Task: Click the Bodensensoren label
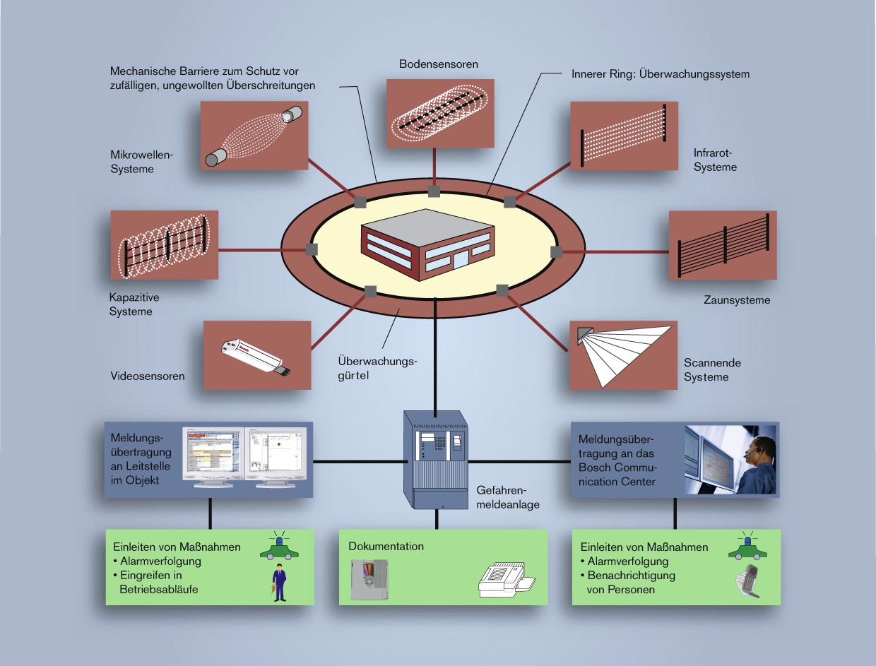(438, 64)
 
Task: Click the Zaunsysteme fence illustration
(722, 244)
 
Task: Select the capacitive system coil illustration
(165, 244)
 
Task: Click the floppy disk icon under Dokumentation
(369, 580)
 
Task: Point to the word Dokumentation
(386, 547)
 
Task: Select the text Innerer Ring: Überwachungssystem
(660, 73)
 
